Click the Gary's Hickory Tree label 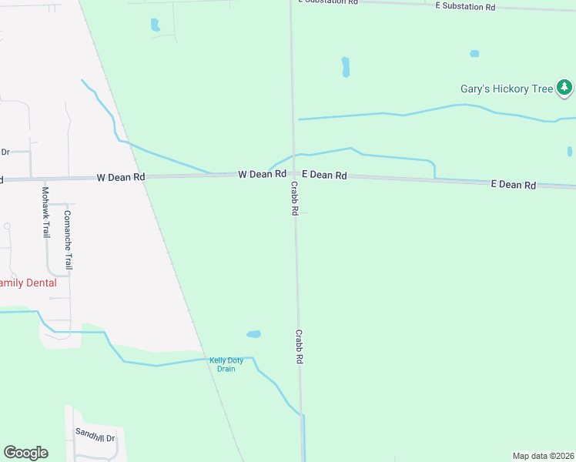[x=506, y=89]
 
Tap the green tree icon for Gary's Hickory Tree [x=565, y=88]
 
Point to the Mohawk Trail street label [x=45, y=212]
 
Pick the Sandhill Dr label [x=95, y=437]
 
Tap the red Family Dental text [x=28, y=283]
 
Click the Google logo [x=25, y=453]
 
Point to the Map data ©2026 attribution [x=543, y=456]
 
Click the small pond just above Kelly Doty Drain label [x=253, y=334]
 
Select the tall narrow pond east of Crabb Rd [x=346, y=67]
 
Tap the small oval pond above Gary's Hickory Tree [x=474, y=54]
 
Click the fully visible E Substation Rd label [x=465, y=6]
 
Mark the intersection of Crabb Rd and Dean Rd [x=293, y=175]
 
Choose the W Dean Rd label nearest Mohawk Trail [x=121, y=177]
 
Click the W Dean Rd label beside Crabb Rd [x=256, y=175]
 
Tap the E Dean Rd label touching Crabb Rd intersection [x=324, y=176]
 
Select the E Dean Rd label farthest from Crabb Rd [x=514, y=185]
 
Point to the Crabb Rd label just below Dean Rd [x=294, y=199]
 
